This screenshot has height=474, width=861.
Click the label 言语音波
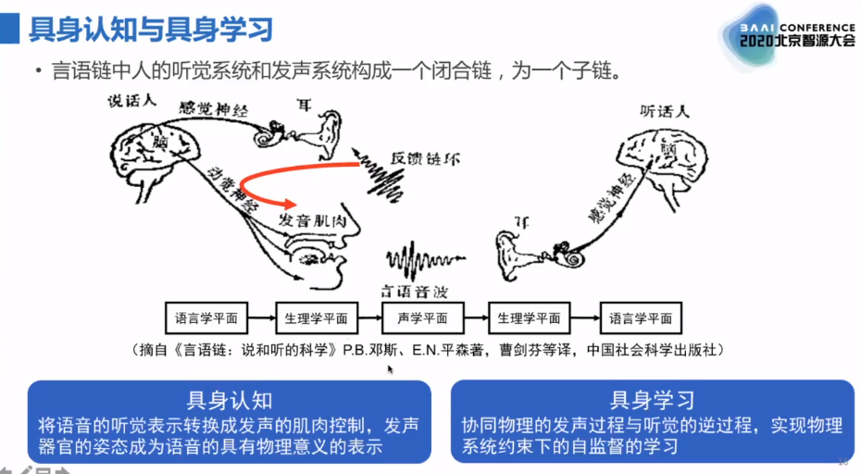416,289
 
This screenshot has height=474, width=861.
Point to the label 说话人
130,102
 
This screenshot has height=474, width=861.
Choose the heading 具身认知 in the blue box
230,399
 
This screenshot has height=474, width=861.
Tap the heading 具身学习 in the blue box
652,399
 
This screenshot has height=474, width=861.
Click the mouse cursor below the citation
391,369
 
